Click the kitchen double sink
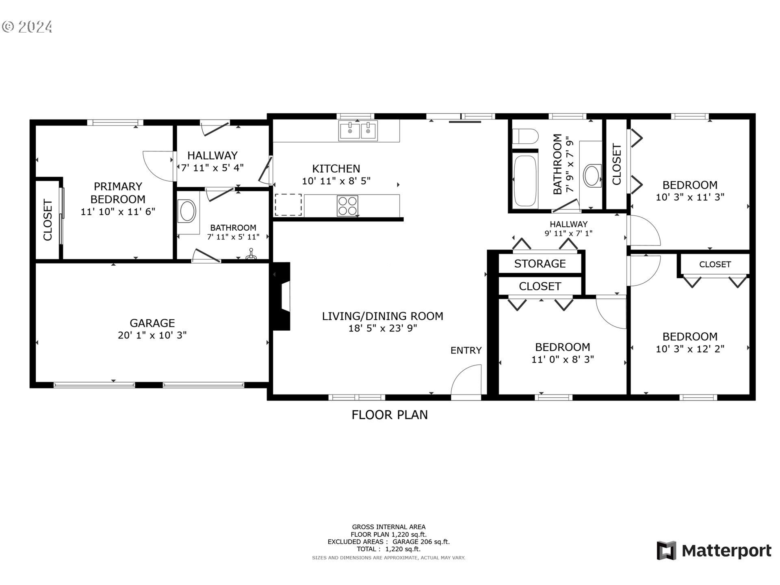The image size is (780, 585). coord(358,131)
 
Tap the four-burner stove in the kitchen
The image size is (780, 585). coord(347,206)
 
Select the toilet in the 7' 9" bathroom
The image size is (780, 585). coord(524,137)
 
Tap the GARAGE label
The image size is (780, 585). coord(152,323)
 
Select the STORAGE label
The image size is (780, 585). coord(540,264)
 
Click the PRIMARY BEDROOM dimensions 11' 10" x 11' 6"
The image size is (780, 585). coord(118,212)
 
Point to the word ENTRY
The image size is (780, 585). coord(466,350)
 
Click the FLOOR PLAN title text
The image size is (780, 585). coord(389,415)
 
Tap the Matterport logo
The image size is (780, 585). coord(714,551)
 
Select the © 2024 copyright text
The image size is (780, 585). coord(27,27)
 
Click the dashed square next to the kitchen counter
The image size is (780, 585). coord(288,205)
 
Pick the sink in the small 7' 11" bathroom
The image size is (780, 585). coord(187,211)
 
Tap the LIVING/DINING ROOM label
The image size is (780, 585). coord(382,316)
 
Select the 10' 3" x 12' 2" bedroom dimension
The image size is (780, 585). coord(690,349)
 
